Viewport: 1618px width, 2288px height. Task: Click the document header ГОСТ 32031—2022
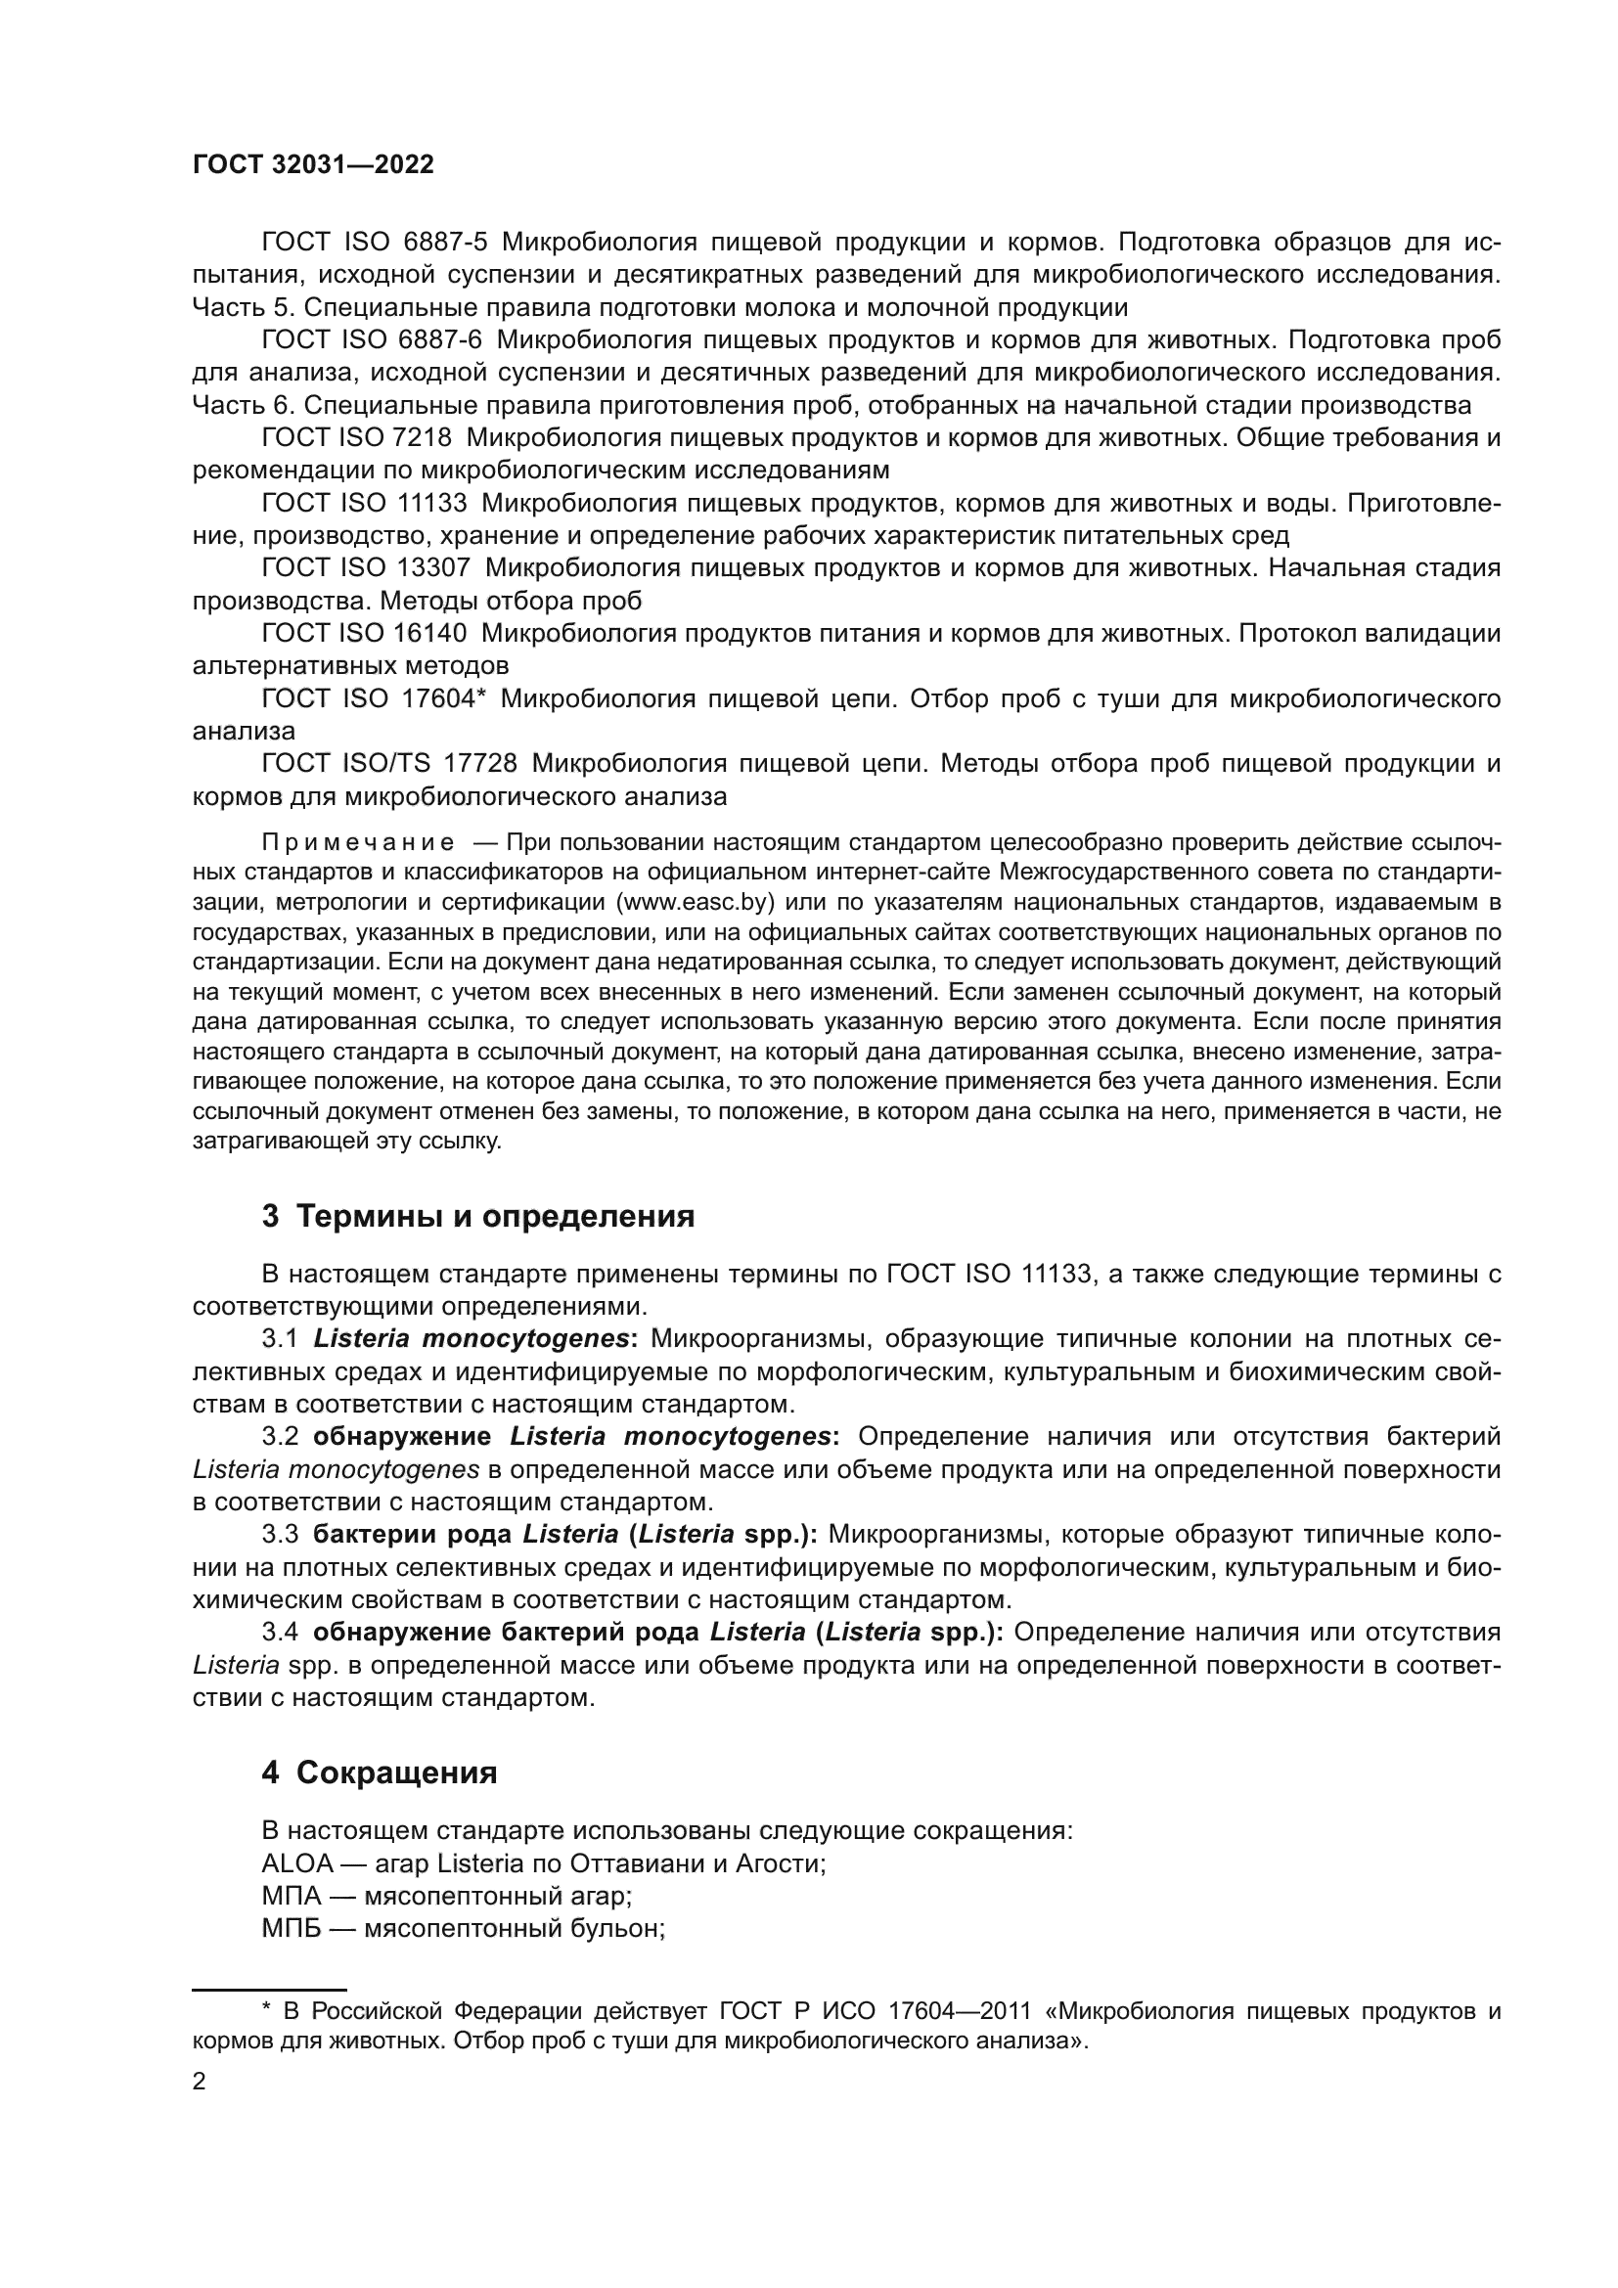click(313, 165)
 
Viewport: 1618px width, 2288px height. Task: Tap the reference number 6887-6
click(439, 339)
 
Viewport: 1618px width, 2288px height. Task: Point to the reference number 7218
click(424, 437)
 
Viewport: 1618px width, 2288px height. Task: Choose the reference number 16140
click(437, 633)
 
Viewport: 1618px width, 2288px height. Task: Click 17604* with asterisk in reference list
click(442, 698)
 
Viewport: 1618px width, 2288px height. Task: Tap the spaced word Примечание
click(358, 843)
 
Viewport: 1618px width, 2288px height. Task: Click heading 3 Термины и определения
click(478, 1217)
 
